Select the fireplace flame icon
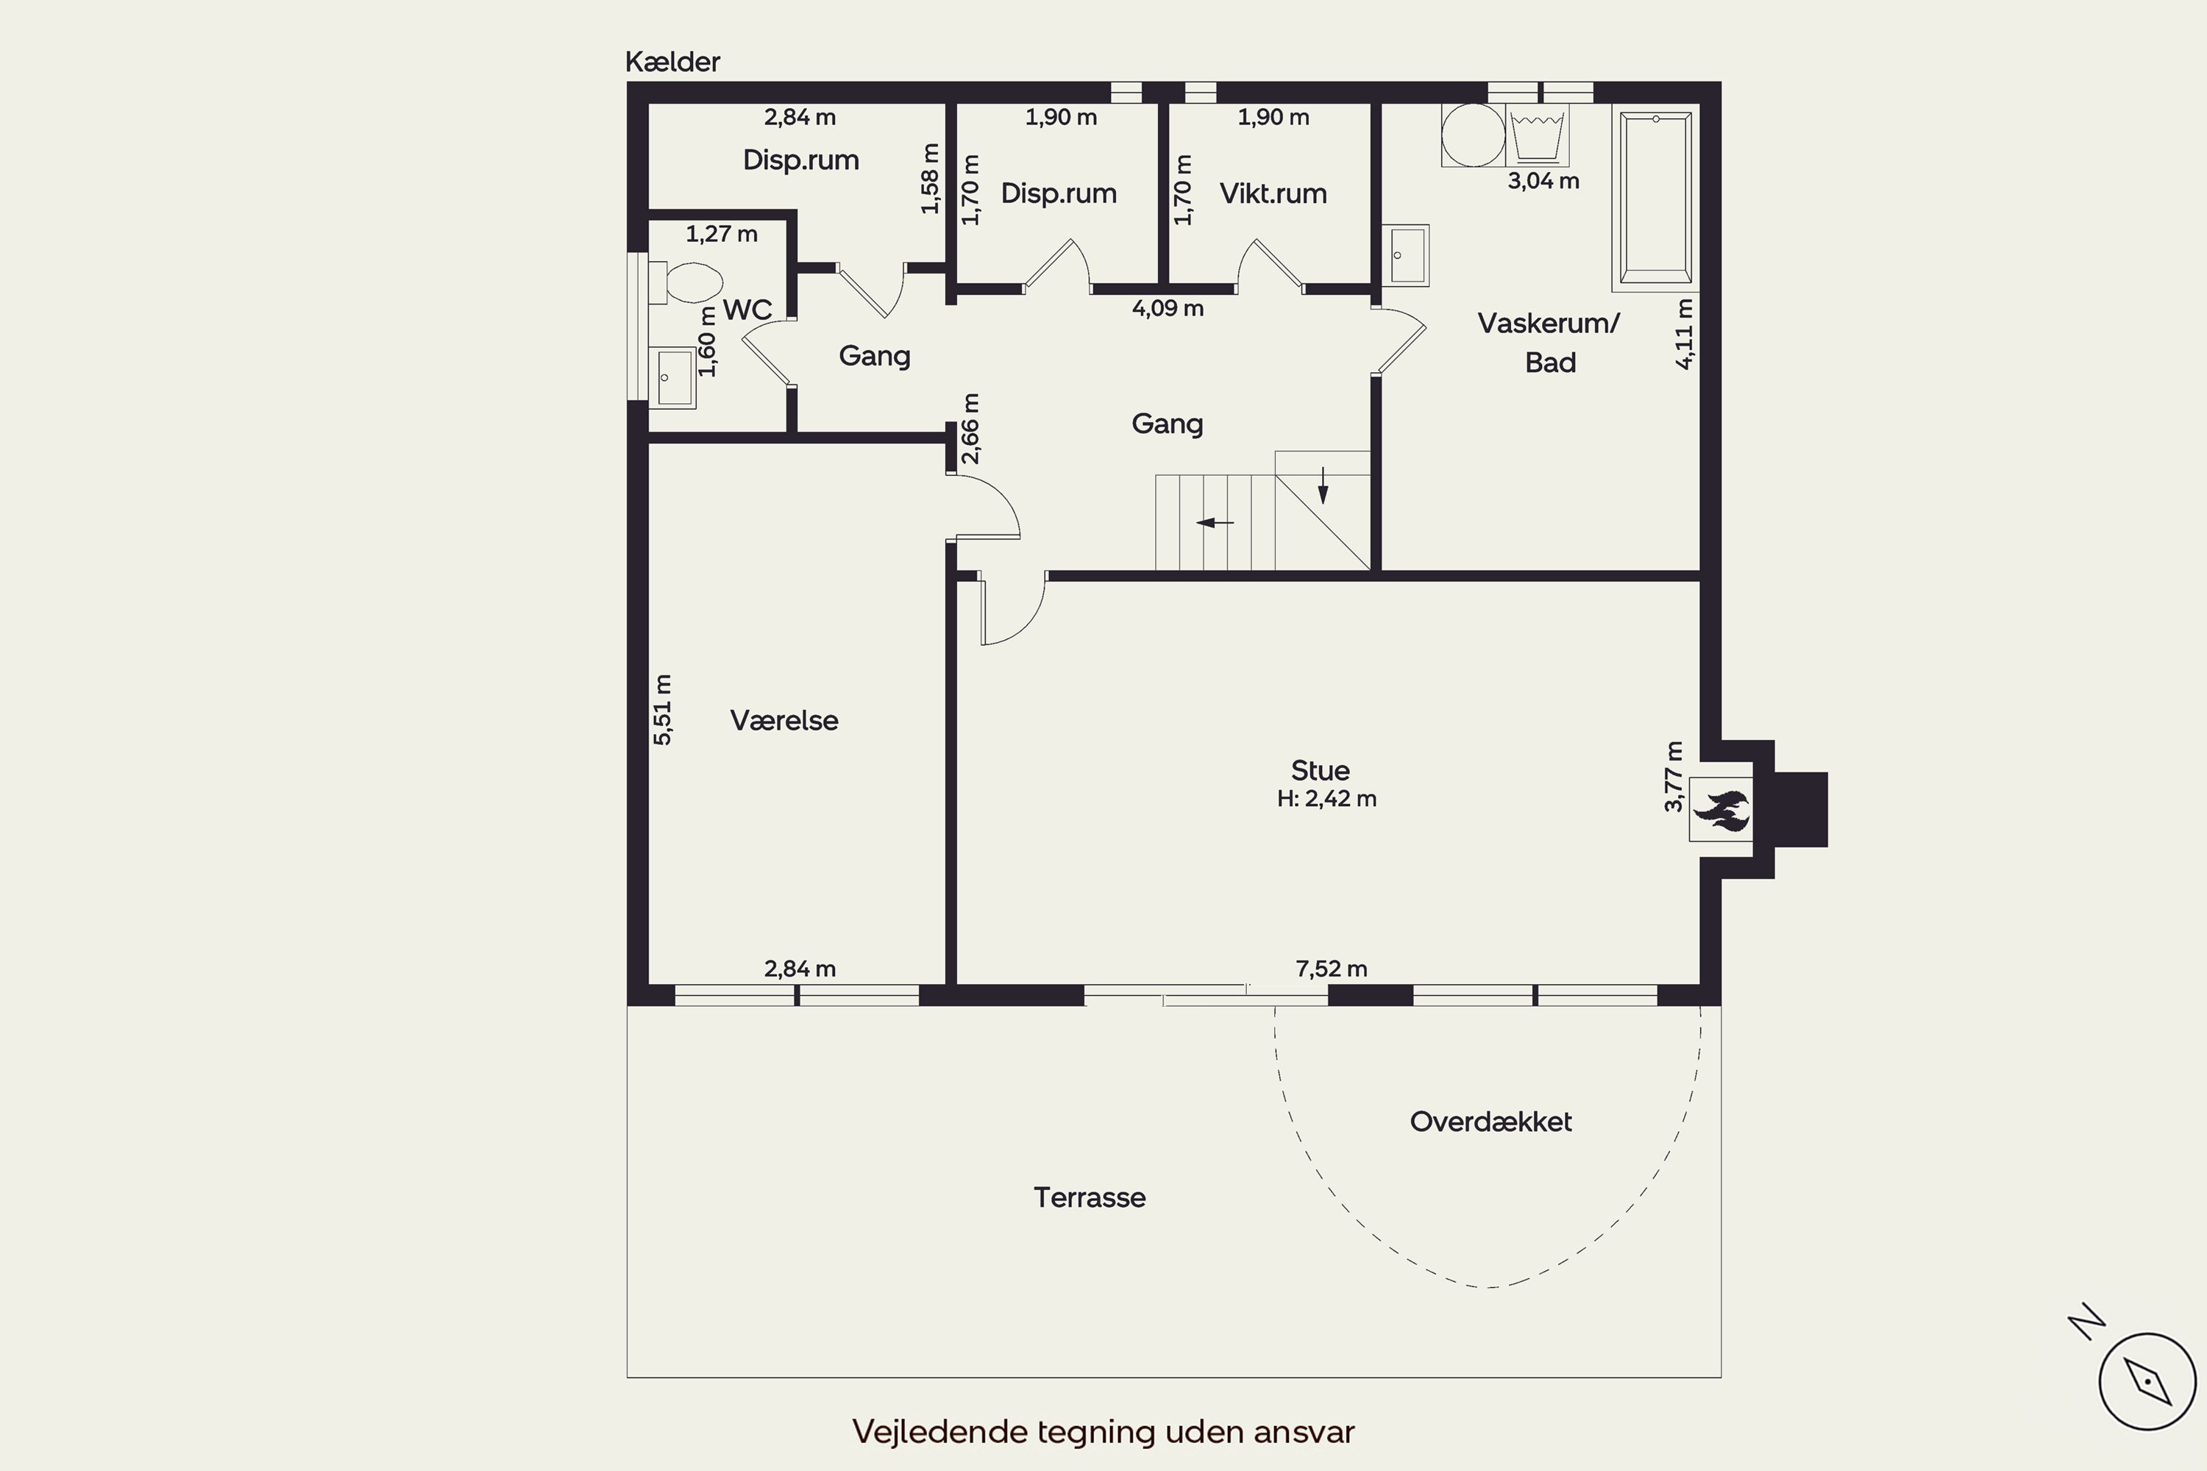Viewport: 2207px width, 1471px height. tap(1721, 810)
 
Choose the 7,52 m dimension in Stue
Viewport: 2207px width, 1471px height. tap(1331, 968)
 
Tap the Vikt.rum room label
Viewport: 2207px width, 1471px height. tap(1273, 193)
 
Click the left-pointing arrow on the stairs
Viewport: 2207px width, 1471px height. tap(1215, 522)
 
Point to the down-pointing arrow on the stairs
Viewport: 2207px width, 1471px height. tap(1323, 485)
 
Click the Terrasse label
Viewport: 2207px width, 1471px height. tap(1090, 1197)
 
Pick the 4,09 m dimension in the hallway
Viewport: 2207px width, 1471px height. tap(1168, 307)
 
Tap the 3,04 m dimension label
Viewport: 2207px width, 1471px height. tap(1543, 181)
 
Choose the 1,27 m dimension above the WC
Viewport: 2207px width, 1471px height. tap(721, 234)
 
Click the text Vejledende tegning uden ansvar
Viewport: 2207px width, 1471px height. tap(1103, 1431)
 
